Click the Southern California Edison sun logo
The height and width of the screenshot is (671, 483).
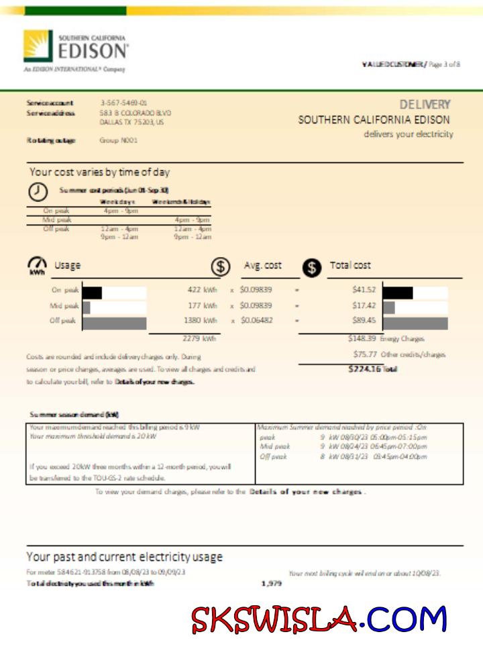(38, 46)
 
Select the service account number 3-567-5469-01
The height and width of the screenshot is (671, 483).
(123, 103)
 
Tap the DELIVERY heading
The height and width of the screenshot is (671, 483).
(425, 105)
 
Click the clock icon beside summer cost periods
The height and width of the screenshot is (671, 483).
(38, 191)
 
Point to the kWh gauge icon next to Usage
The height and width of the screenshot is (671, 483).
(38, 265)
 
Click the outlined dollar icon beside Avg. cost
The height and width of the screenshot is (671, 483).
(220, 266)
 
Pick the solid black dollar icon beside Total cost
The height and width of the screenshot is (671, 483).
(311, 267)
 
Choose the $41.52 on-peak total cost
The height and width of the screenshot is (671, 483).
(364, 291)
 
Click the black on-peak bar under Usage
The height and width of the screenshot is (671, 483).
(92, 292)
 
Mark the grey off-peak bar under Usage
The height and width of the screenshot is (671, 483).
(114, 323)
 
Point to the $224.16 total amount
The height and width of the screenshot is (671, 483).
(364, 369)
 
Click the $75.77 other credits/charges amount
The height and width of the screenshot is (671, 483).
(364, 354)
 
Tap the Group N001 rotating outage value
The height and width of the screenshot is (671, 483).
(119, 140)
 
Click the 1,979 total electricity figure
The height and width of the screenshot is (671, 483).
(272, 584)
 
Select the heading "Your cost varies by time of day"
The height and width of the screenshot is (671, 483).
(99, 172)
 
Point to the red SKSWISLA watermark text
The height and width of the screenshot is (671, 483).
(274, 619)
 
